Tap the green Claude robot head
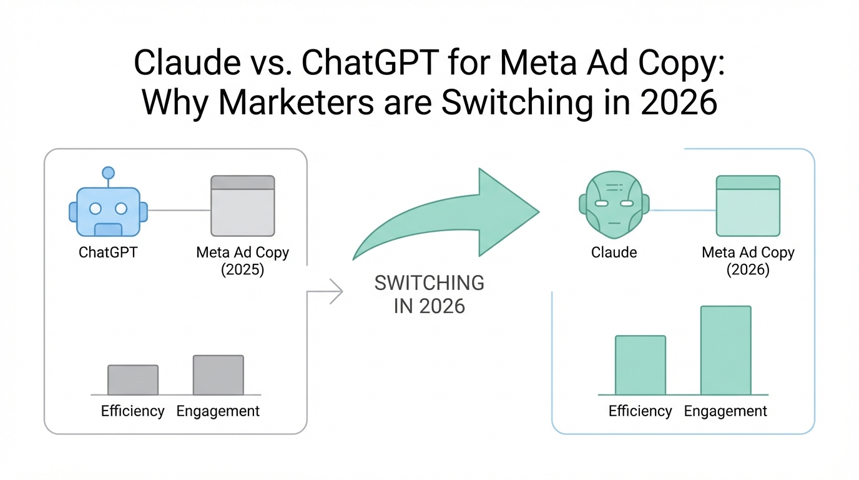[x=614, y=205]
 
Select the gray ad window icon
[x=243, y=206]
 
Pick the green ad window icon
[x=748, y=206]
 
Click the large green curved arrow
[x=453, y=215]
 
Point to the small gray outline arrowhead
[x=336, y=291]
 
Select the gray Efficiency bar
[x=133, y=380]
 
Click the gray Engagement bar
[x=218, y=375]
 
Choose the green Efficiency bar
[x=641, y=365]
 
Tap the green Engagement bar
[x=725, y=350]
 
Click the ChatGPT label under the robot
[x=108, y=252]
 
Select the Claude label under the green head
[x=614, y=252]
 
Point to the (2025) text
[x=242, y=269]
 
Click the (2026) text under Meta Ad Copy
[x=748, y=269]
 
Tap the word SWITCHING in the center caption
[x=429, y=283]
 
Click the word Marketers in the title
[x=296, y=102]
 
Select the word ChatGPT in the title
[x=370, y=62]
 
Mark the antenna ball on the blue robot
[x=108, y=172]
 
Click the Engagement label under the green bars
[x=725, y=411]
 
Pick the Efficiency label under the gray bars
[x=133, y=411]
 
